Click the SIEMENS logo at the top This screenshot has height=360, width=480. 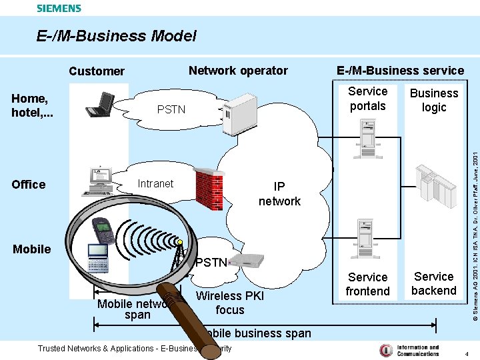[59, 9]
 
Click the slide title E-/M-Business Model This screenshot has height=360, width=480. [117, 36]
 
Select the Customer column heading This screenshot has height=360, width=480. [97, 71]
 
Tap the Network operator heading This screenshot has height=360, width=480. [238, 71]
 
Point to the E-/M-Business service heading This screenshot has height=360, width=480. [400, 71]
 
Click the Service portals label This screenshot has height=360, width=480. [367, 99]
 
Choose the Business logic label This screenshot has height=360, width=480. [433, 100]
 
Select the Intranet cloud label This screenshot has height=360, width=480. [155, 184]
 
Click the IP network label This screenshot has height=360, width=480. [279, 194]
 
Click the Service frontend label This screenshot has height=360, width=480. [367, 284]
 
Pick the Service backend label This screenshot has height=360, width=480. [433, 283]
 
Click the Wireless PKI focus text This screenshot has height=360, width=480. [229, 303]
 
